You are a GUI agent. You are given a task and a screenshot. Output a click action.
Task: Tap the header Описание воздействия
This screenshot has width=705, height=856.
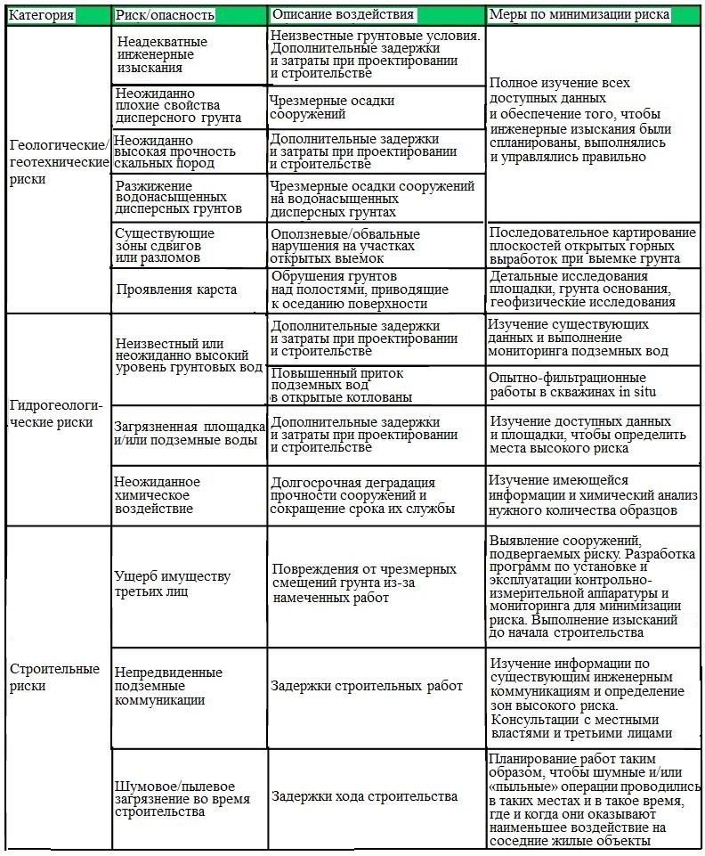click(x=343, y=15)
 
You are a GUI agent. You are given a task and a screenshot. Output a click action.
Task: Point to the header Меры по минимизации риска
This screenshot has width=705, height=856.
click(x=579, y=15)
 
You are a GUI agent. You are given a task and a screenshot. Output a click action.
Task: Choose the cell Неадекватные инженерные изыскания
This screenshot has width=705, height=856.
click(x=161, y=54)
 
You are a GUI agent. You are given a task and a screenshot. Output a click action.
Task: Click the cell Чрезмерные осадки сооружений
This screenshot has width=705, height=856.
click(x=332, y=108)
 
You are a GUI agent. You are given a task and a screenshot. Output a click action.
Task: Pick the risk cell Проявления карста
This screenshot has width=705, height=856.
click(x=175, y=289)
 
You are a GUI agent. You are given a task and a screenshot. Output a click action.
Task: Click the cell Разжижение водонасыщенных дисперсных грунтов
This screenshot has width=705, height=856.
click(x=178, y=197)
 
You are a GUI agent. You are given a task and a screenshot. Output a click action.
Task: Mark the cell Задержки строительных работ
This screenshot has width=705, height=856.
click(x=367, y=686)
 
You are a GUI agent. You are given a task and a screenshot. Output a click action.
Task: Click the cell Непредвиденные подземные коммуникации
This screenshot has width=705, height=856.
click(x=168, y=686)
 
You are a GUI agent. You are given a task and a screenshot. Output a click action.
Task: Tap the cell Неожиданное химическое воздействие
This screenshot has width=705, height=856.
click(x=158, y=495)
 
